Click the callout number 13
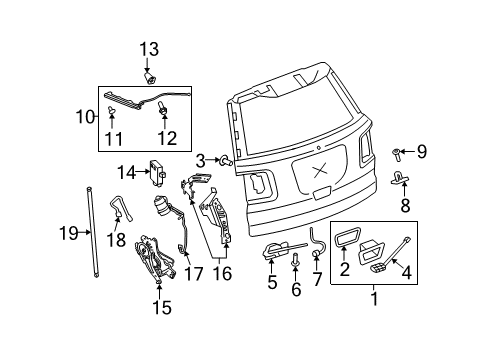149,49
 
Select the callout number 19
69,233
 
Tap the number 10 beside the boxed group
85,117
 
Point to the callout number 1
375,298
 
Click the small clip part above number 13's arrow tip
150,79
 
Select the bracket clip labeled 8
399,178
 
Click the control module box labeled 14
157,171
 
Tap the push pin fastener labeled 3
225,161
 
